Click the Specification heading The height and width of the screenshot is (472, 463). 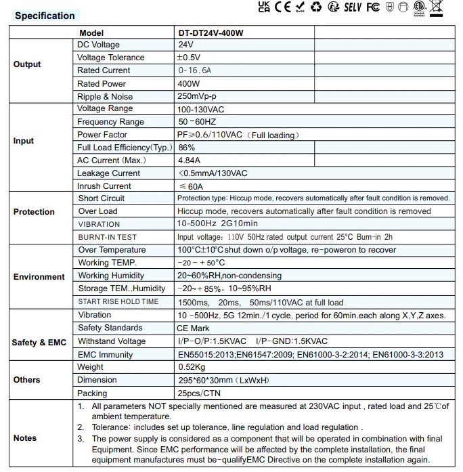(45, 16)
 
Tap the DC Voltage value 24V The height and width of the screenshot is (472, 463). (185, 45)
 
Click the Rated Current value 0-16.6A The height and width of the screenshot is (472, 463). (195, 70)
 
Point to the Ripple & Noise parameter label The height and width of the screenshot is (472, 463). (105, 97)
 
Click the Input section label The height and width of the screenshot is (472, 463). (24, 141)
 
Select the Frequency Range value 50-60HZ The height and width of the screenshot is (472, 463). (197, 122)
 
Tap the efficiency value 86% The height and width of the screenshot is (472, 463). (187, 148)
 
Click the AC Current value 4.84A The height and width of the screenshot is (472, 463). (189, 160)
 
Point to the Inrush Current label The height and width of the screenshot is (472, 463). (104, 186)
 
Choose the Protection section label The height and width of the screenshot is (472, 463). (34, 212)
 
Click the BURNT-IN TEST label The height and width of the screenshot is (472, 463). (108, 237)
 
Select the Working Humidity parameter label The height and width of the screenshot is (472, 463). (111, 276)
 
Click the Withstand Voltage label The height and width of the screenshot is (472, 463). (112, 341)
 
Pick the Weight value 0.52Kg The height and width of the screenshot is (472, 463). (192, 367)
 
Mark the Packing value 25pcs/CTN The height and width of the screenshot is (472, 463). (199, 393)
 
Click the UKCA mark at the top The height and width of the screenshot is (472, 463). (264, 7)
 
